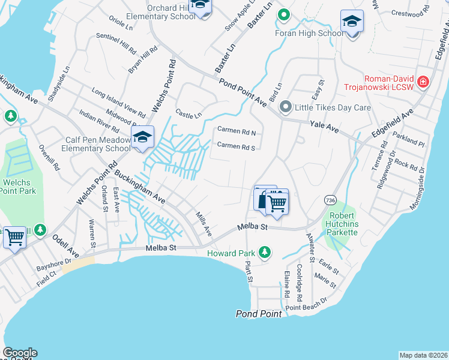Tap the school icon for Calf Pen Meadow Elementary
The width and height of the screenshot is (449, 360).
pos(142,137)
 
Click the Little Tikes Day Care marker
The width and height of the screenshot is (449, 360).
pos(286,108)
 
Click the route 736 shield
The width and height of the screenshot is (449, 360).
pos(330,199)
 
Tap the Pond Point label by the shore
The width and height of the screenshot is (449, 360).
pos(259,314)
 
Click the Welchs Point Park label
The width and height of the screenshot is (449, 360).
pos(18,187)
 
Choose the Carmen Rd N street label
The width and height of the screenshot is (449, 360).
pos(237,131)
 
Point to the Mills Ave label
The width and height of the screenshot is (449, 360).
pos(204,223)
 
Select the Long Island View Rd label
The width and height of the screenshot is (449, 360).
pos(119,103)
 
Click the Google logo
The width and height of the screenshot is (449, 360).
pos(20,353)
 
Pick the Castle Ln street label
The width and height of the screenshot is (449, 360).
pos(188,113)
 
